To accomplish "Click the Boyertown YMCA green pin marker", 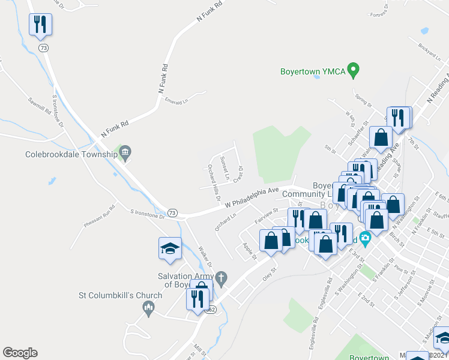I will tap(354, 70).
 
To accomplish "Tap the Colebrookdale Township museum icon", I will tap(125, 152).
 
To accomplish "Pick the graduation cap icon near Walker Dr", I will tap(169, 248).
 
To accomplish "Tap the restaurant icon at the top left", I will tap(40, 25).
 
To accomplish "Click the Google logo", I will tap(20, 353).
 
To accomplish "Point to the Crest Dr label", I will tap(238, 174).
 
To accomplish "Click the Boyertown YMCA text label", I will tap(313, 71).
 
